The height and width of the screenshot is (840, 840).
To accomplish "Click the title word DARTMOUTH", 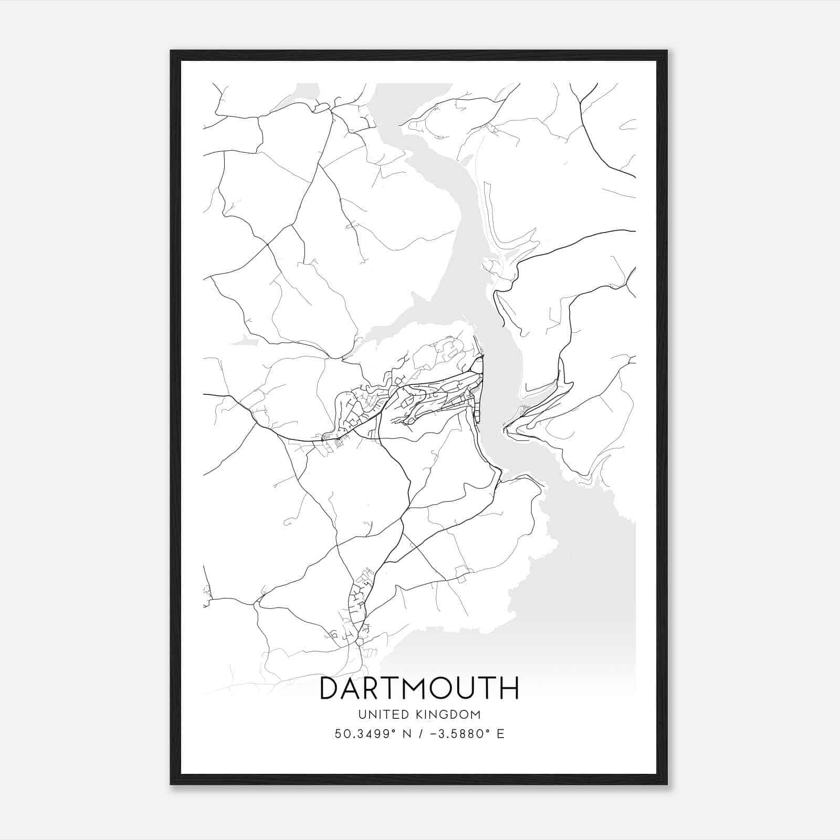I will [419, 688].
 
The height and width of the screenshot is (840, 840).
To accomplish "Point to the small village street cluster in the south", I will [360, 604].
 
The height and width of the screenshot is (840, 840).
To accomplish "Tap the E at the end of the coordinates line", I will [500, 734].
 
